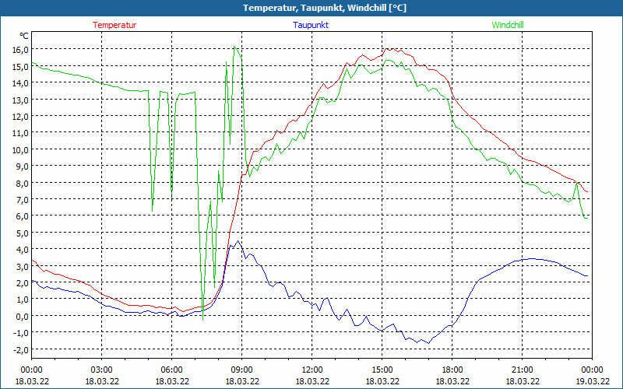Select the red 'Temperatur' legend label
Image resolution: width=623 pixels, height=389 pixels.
tap(114, 25)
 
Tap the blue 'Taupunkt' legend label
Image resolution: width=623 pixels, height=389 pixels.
tap(311, 25)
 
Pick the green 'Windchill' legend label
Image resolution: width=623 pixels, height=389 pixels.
tap(508, 25)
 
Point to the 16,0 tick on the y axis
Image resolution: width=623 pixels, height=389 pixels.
tap(19, 49)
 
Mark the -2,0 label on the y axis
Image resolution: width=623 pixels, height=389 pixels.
tap(19, 349)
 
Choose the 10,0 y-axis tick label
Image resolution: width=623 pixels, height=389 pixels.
tap(19, 149)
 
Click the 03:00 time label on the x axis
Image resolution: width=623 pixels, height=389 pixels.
tap(102, 369)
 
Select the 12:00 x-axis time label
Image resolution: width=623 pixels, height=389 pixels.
tap(312, 369)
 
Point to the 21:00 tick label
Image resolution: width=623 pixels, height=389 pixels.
tap(523, 369)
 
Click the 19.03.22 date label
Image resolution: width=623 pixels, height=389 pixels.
tap(593, 380)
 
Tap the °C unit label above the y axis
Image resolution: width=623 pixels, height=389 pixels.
tap(24, 36)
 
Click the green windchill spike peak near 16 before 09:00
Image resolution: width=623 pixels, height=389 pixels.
tap(234, 47)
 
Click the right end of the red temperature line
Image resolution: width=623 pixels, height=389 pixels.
tap(588, 192)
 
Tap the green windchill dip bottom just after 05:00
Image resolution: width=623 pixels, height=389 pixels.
tap(153, 206)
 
